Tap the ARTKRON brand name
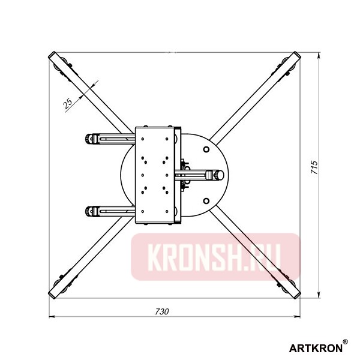coord(316,347)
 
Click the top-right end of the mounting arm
coord(295,56)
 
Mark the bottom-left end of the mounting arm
coord(53,293)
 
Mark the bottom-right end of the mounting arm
coord(294,292)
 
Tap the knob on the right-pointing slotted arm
coord(214,175)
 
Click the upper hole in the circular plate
coord(206,148)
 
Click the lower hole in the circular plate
coord(206,202)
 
